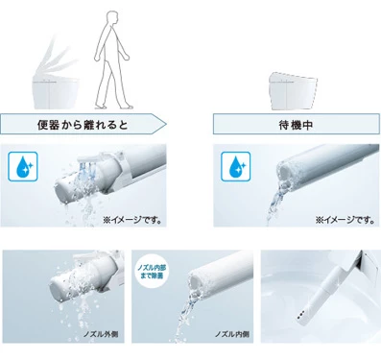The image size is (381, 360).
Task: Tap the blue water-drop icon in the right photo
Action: (x=233, y=165)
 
